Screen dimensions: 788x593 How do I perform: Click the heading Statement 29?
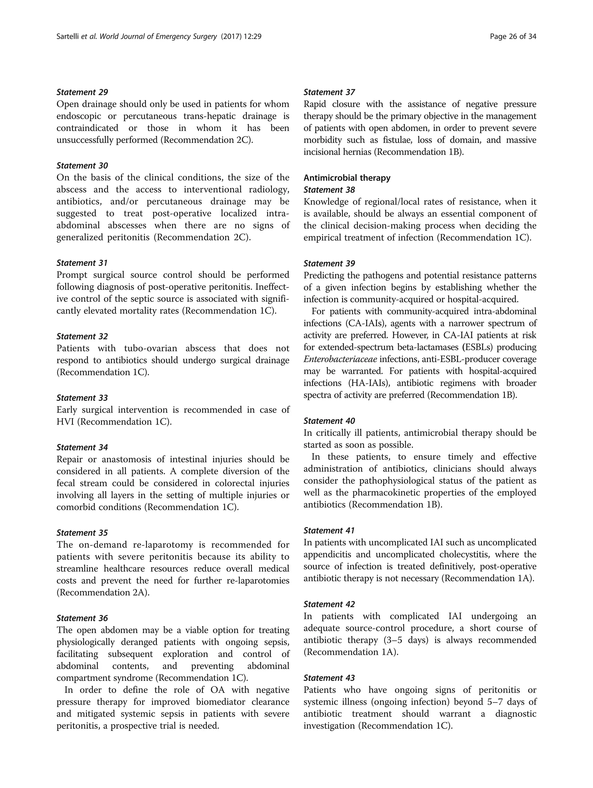(82, 92)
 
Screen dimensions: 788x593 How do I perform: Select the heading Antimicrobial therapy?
(347, 178)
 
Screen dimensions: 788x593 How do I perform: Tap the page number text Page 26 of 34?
(513, 36)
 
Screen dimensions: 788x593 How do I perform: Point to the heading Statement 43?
(329, 678)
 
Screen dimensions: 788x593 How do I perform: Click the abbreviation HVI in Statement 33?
(65, 422)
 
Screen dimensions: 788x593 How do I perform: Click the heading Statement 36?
(82, 618)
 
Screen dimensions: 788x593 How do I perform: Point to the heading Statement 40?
(329, 421)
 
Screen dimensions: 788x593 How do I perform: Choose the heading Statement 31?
(82, 263)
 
